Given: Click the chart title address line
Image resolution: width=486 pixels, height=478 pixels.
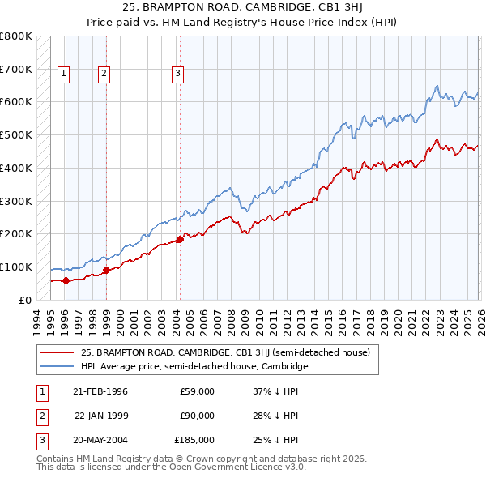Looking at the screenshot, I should click(243, 8).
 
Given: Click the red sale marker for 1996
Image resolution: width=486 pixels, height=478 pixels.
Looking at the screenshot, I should click(66, 280).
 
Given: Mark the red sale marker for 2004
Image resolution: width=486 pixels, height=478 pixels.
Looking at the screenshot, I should click(180, 239).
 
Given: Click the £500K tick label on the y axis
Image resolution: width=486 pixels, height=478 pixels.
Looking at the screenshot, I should click(16, 135).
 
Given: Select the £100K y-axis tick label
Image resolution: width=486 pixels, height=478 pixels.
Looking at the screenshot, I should click(16, 267).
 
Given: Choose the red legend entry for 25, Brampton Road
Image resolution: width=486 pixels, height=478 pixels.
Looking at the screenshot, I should click(224, 352).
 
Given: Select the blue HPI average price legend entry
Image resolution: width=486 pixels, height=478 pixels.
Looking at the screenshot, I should click(194, 366).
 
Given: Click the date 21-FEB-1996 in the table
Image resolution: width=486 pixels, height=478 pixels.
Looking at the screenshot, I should click(100, 391).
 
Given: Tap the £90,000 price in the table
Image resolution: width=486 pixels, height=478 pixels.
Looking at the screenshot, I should click(197, 416).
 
